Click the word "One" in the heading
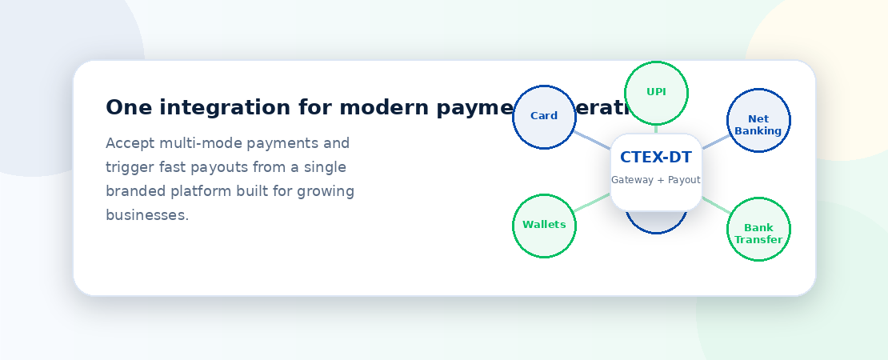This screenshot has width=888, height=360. (x=124, y=108)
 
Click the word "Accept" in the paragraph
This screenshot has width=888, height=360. (x=130, y=144)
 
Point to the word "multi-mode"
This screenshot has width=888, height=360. (x=200, y=144)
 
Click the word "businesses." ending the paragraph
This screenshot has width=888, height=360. (x=147, y=215)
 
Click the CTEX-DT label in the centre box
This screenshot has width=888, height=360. (x=655, y=158)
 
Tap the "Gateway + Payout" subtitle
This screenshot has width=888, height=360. (x=655, y=180)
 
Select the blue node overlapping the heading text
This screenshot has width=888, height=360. (x=544, y=117)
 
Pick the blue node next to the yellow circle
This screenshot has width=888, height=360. (x=758, y=120)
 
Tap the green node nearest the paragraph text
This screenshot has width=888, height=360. (x=544, y=226)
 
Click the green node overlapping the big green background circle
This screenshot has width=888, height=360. (x=758, y=229)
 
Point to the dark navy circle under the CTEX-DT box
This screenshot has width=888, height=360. (x=656, y=223)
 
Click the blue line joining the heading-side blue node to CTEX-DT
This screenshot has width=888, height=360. (x=593, y=140)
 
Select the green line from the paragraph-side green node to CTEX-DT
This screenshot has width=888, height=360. (x=592, y=203)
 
